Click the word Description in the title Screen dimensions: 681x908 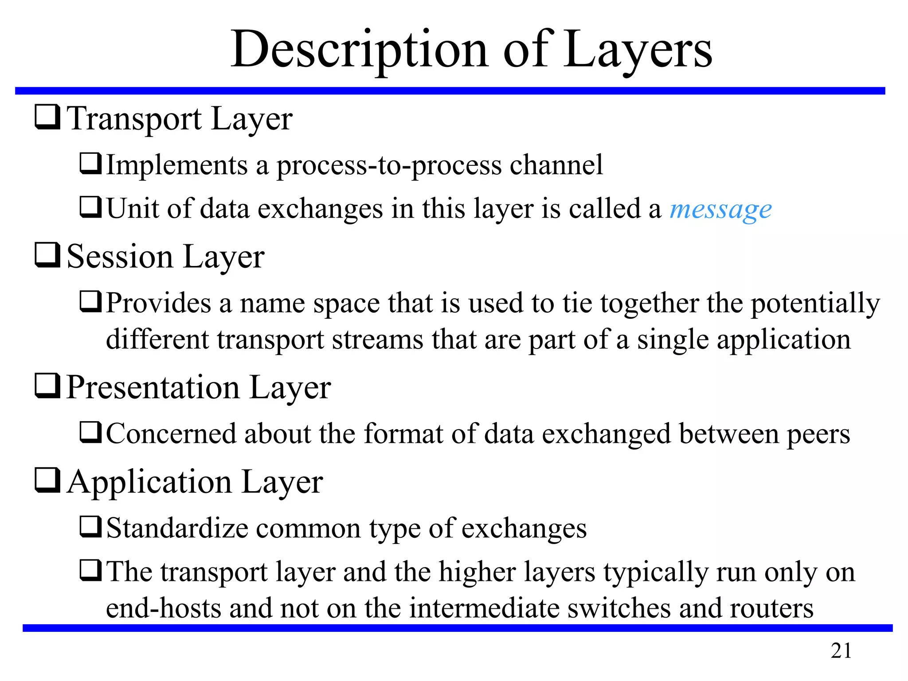(x=359, y=50)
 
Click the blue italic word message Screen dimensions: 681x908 (x=720, y=209)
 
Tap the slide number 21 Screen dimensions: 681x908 (x=841, y=651)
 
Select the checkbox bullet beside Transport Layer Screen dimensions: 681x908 (x=47, y=117)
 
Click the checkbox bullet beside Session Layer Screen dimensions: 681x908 (x=47, y=255)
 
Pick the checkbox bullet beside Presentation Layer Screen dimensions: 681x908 (x=47, y=386)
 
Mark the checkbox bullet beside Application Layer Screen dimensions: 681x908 (x=47, y=481)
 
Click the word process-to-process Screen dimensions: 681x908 (x=389, y=166)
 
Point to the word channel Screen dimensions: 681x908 (x=556, y=165)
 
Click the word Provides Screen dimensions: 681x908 (x=159, y=303)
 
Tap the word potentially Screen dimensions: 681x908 (x=815, y=304)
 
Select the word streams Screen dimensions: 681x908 (x=378, y=340)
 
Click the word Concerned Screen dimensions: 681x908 (x=171, y=434)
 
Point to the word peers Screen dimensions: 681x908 (x=818, y=434)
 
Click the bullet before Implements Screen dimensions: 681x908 (x=91, y=164)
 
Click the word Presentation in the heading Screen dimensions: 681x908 (x=153, y=387)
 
